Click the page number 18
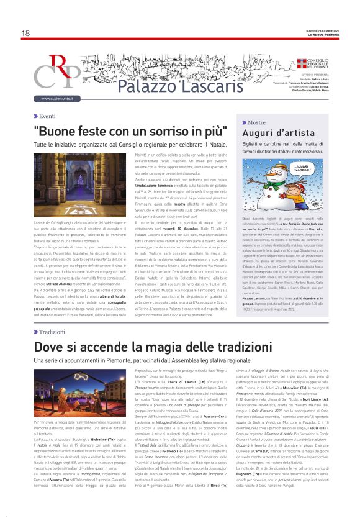[25, 33]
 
